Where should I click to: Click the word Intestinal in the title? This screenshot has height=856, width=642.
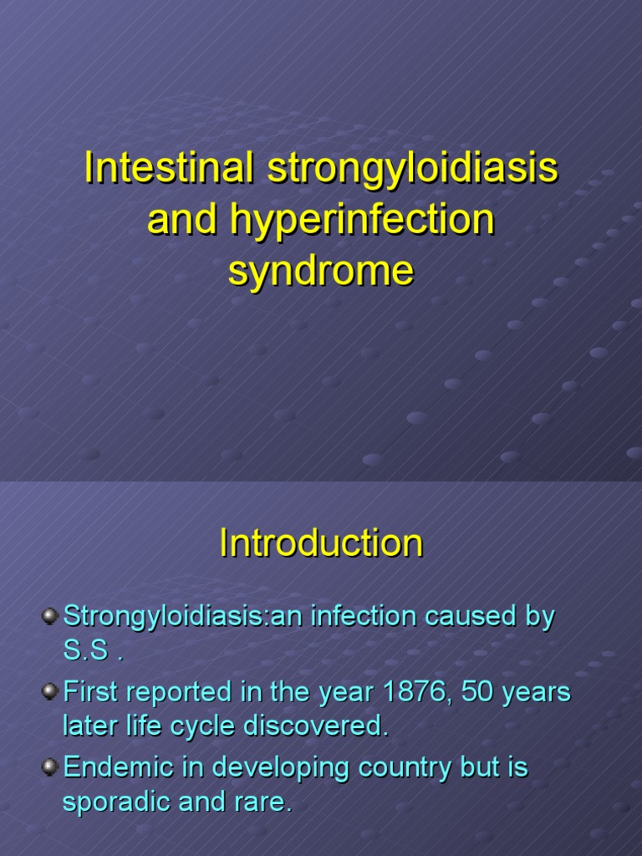click(169, 169)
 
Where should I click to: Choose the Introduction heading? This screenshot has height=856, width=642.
click(321, 544)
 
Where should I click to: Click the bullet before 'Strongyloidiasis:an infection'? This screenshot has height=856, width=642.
click(50, 617)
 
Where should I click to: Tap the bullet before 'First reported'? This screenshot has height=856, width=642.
click(50, 692)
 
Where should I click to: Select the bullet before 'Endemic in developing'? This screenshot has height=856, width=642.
click(50, 767)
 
